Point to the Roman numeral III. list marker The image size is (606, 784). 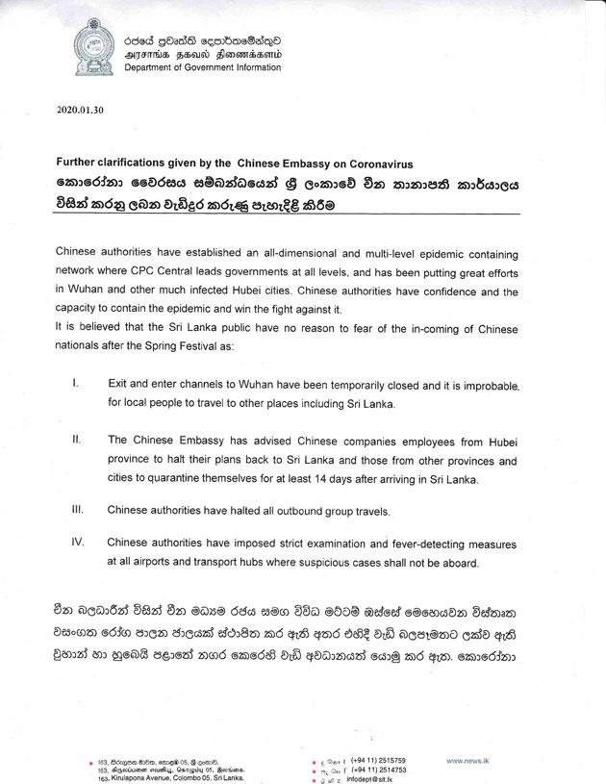(77, 507)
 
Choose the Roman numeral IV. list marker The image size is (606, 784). (77, 542)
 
